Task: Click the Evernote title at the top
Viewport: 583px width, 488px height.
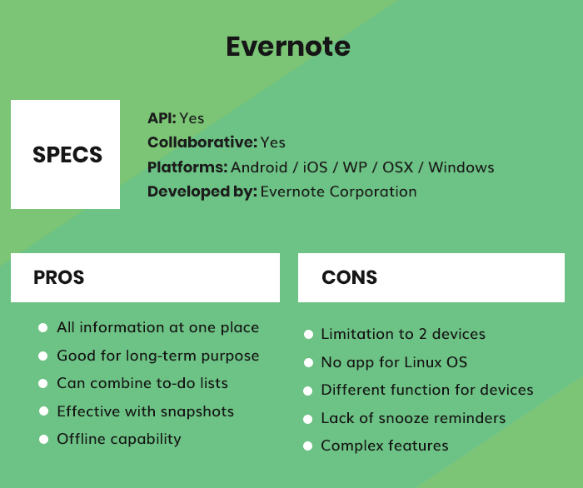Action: click(288, 46)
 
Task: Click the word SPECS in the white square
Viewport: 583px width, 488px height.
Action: click(67, 155)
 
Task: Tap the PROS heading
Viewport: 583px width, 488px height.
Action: click(58, 277)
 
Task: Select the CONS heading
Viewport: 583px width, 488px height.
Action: click(349, 277)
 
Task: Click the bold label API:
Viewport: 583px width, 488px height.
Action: click(162, 118)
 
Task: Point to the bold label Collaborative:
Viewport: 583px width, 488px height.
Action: click(202, 142)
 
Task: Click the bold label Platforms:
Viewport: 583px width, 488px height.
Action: click(187, 167)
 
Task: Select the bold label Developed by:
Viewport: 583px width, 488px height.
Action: click(202, 192)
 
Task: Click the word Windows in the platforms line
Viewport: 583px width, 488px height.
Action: click(461, 167)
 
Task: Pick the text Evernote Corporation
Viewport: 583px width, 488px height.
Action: click(338, 192)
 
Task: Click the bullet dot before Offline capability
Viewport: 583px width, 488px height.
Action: click(42, 440)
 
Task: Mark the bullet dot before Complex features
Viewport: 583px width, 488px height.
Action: click(307, 446)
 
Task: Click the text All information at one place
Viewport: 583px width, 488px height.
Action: click(157, 328)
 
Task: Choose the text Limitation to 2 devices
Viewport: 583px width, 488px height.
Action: click(403, 334)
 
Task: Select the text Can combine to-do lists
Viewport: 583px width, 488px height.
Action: click(142, 383)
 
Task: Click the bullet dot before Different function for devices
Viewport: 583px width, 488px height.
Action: click(307, 391)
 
